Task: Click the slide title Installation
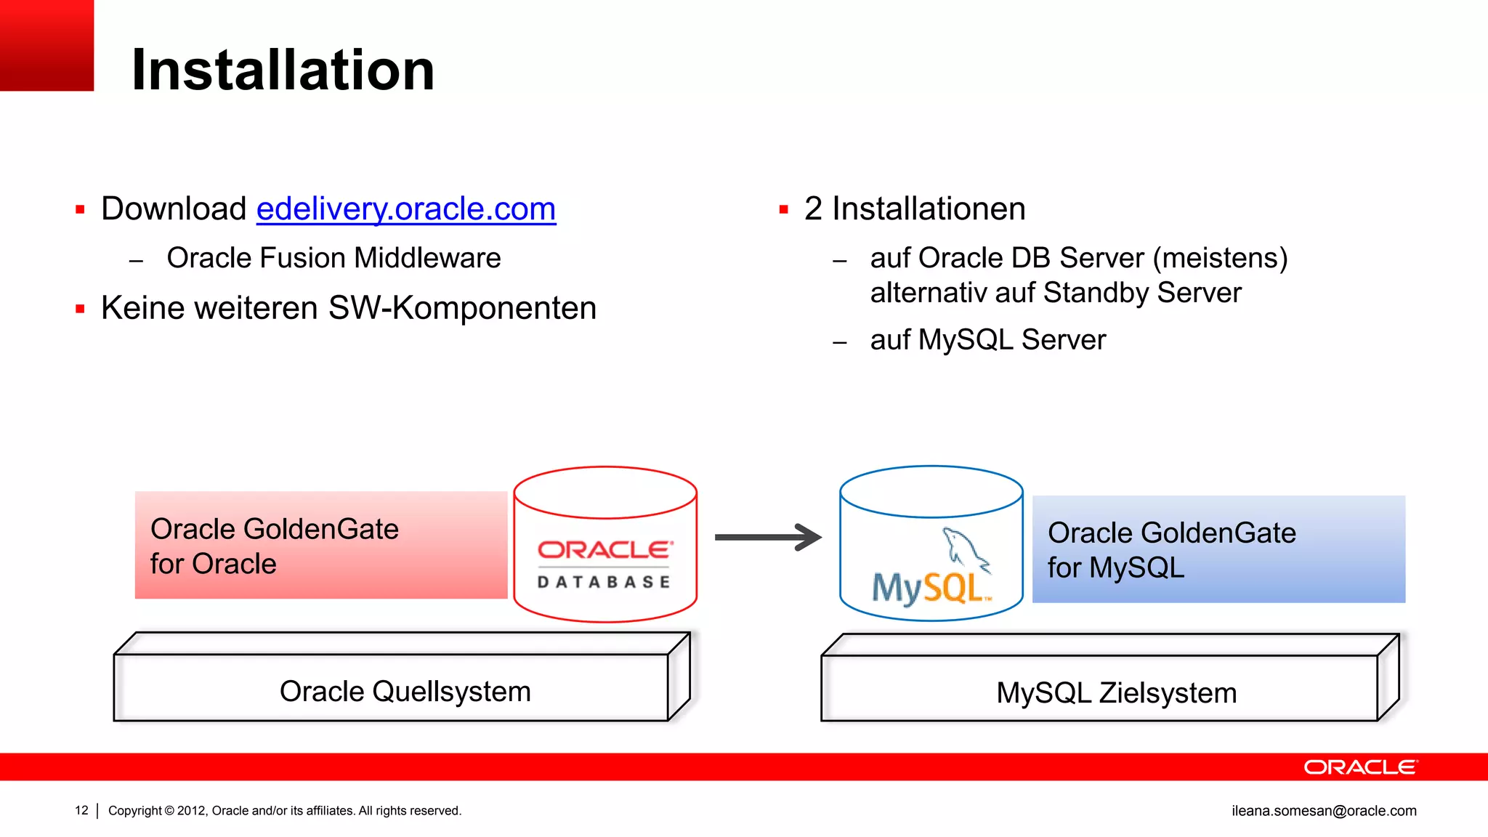(283, 70)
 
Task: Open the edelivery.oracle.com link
(405, 209)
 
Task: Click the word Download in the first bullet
(174, 209)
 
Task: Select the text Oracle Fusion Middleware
(333, 259)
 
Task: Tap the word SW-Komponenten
(462, 308)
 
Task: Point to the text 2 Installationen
(914, 209)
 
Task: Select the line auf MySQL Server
(987, 340)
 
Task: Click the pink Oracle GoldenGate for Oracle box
(320, 546)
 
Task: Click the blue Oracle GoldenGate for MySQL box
(1218, 549)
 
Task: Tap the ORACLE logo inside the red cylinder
(604, 550)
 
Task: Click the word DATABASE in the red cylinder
(604, 582)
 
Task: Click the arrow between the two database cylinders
(768, 538)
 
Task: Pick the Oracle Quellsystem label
(405, 692)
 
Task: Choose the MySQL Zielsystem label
(1116, 693)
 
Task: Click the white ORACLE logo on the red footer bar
(1359, 767)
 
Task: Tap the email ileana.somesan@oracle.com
(1324, 811)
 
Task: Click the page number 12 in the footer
(81, 811)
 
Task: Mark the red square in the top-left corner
(46, 45)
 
